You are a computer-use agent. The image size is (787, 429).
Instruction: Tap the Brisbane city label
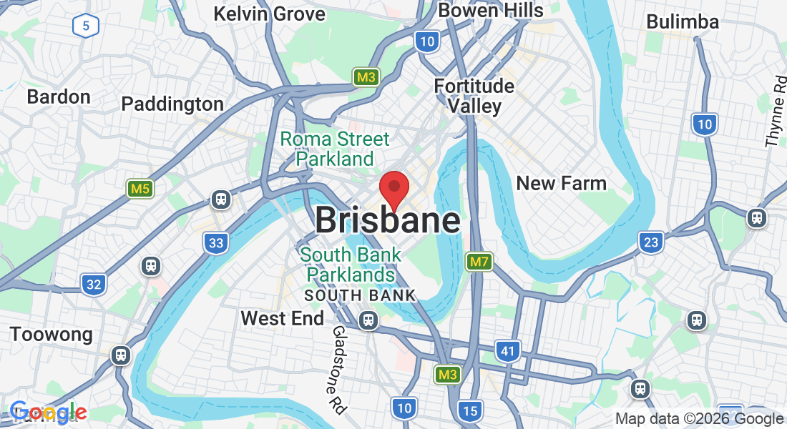point(387,220)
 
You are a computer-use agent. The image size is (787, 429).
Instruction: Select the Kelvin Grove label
point(269,13)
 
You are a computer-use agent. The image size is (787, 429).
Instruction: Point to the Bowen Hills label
point(491,10)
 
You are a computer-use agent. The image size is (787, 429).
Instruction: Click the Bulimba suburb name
point(682,21)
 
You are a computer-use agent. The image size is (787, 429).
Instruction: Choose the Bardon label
point(59,97)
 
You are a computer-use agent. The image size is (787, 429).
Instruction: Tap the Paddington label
point(172,104)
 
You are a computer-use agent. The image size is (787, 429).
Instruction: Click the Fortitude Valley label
point(474,96)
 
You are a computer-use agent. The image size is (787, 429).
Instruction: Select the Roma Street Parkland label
point(335,149)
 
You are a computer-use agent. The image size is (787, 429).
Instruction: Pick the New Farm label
point(561,183)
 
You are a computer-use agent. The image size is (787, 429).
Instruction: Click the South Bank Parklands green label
point(351,265)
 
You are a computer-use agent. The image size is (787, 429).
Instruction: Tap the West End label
point(282,318)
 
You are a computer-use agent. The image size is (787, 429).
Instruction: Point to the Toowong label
point(51,334)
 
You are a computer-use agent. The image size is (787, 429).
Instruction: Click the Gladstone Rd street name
point(338,370)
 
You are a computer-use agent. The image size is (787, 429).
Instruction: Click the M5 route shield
point(140,189)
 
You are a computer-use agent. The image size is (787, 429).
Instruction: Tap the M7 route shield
point(479,262)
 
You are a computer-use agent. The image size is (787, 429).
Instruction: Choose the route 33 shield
point(216,243)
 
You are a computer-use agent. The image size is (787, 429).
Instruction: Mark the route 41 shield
point(507,350)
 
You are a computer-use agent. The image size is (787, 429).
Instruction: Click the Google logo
point(48,413)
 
